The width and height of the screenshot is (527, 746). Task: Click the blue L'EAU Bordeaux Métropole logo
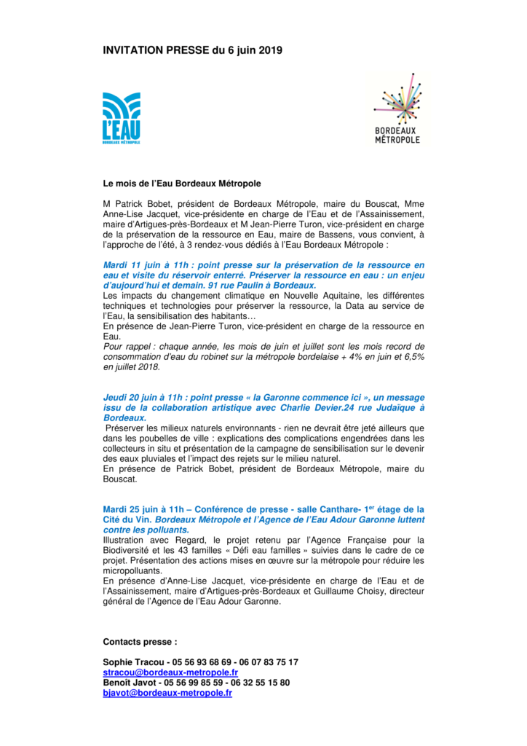pos(122,119)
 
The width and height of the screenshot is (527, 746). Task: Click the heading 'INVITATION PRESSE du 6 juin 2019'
pos(192,50)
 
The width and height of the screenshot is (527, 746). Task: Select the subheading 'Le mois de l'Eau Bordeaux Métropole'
pos(181,184)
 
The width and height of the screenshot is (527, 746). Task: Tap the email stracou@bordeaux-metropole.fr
pos(170,672)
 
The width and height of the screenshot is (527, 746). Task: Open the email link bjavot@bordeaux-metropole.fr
pos(167,694)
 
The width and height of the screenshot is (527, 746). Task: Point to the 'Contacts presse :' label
pos(140,642)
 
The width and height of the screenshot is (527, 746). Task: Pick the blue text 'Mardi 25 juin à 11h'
pos(144,509)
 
